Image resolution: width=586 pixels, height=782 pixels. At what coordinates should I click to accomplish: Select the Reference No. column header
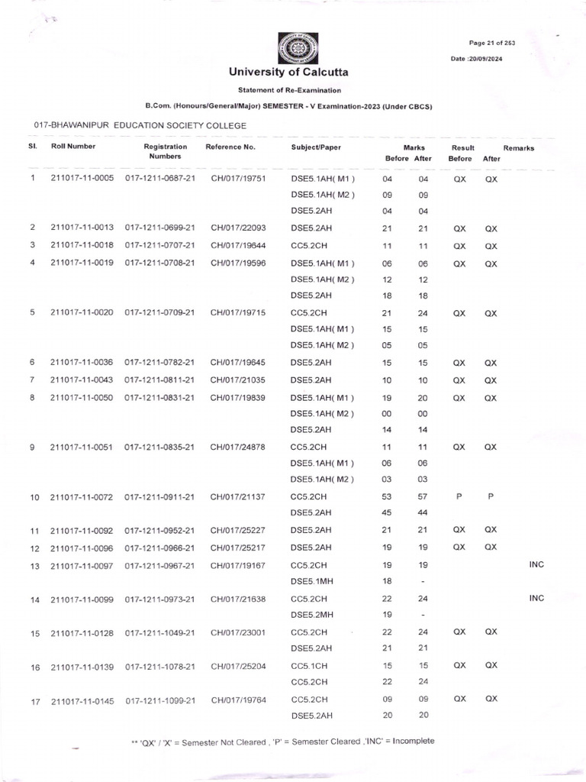click(230, 147)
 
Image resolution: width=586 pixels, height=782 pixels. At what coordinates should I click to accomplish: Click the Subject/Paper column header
click(316, 147)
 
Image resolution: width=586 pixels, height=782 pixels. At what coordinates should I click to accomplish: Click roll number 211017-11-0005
click(82, 179)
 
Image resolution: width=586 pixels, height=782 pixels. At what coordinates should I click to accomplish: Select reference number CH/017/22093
click(237, 228)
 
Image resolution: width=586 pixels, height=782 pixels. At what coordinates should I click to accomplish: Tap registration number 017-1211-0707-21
click(160, 246)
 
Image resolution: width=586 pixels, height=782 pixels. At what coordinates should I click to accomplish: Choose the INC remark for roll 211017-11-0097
click(536, 564)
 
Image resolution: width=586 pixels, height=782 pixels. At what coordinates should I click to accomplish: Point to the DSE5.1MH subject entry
click(309, 581)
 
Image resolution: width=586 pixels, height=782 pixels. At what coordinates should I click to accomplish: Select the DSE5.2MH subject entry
click(309, 615)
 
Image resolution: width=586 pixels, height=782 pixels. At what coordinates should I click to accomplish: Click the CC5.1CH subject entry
click(309, 666)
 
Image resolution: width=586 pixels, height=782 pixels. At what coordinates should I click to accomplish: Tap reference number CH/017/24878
click(237, 447)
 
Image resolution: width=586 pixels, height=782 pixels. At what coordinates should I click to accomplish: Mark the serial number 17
click(34, 701)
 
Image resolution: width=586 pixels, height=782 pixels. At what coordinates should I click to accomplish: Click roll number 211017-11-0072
click(82, 497)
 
